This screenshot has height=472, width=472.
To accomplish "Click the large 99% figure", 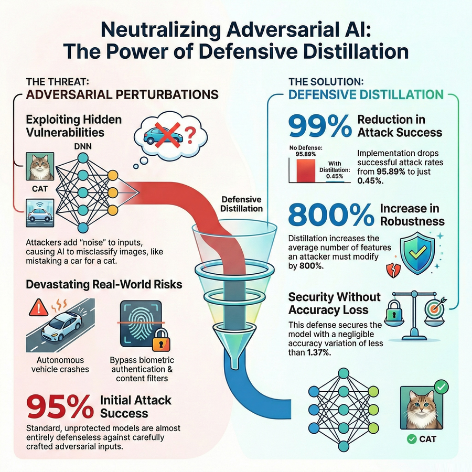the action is click(x=320, y=126).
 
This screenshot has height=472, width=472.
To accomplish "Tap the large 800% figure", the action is click(x=331, y=214).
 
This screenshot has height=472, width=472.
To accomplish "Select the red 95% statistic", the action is click(x=60, y=406).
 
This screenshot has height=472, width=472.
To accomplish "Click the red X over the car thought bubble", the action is click(x=167, y=135).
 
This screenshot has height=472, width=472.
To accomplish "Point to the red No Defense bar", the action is click(x=306, y=170).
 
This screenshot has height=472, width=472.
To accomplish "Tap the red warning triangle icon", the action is click(x=39, y=308).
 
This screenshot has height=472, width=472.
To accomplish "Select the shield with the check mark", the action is click(x=417, y=253).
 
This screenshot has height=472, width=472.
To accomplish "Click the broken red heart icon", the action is click(x=393, y=270).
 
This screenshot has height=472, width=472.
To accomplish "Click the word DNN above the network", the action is click(x=83, y=147).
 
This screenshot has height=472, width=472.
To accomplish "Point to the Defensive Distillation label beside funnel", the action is click(x=241, y=204).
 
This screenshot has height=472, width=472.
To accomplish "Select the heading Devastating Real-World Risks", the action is click(x=104, y=284).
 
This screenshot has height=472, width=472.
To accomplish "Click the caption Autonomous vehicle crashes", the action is click(x=60, y=364).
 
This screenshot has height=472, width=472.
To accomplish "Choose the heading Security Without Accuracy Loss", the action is click(x=334, y=304).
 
